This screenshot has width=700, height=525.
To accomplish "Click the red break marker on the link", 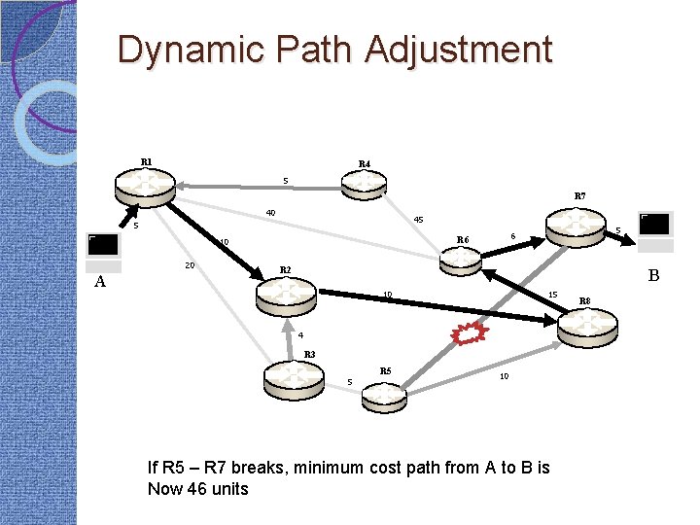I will pos(470,332).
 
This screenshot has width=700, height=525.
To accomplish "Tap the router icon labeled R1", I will pos(145,182).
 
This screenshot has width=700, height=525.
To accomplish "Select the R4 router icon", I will pos(364,184).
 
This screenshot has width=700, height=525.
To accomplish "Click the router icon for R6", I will pos(461,258).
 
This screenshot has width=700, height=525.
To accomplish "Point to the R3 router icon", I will pos(296,375).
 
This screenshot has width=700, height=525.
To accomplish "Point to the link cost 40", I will pos(271,214).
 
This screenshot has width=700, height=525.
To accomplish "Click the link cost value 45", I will pos(418,220).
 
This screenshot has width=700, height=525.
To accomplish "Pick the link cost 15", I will pos(552,295).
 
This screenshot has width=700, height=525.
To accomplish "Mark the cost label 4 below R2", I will pos(301,335).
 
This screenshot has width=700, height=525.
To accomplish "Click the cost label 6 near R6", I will pos(512,235).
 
